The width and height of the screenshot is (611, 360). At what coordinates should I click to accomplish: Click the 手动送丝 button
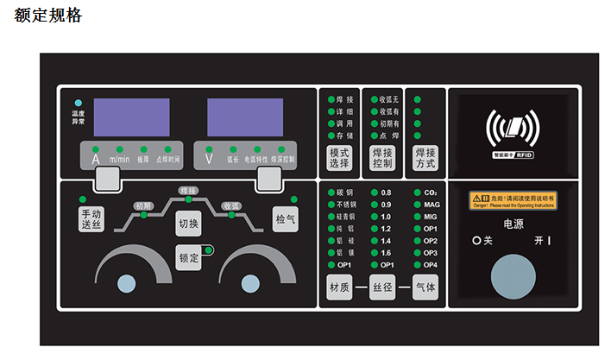pyautogui.click(x=90, y=219)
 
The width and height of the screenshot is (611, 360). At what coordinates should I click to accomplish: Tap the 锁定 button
pyautogui.click(x=189, y=257)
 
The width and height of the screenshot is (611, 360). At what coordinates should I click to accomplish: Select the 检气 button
pyautogui.click(x=285, y=219)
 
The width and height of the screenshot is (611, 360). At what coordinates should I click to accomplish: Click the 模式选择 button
pyautogui.click(x=339, y=158)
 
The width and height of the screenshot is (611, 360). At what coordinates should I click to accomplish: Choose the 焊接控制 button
pyautogui.click(x=382, y=158)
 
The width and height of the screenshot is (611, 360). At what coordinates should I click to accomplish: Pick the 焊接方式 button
pyautogui.click(x=425, y=158)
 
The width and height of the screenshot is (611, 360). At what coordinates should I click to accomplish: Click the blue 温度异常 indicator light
pyautogui.click(x=79, y=103)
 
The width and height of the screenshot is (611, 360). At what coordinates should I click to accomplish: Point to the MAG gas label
pyautogui.click(x=431, y=204)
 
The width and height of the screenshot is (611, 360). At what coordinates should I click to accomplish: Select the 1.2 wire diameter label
pyautogui.click(x=386, y=228)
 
